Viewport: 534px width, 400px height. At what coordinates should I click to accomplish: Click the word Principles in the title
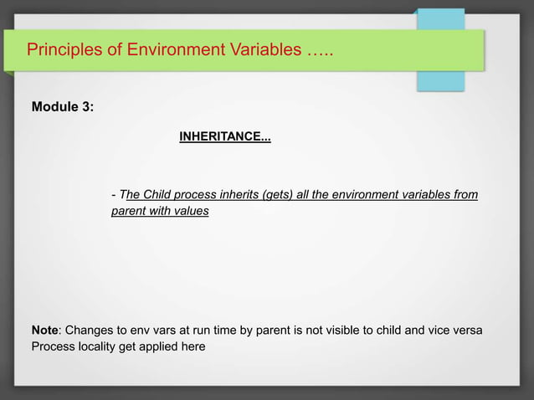pyautogui.click(x=58, y=49)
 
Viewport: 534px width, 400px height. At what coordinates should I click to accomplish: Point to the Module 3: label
pyautogui.click(x=63, y=107)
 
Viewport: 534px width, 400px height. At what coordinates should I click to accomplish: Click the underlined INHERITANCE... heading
pyautogui.click(x=224, y=136)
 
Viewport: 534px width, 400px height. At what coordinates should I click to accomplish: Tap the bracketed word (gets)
pyautogui.click(x=279, y=195)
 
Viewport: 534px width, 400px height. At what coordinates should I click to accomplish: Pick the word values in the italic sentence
pyautogui.click(x=191, y=211)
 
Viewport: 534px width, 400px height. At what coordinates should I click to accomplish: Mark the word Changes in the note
pyautogui.click(x=88, y=331)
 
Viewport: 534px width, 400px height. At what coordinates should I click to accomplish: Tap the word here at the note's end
pyautogui.click(x=193, y=346)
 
